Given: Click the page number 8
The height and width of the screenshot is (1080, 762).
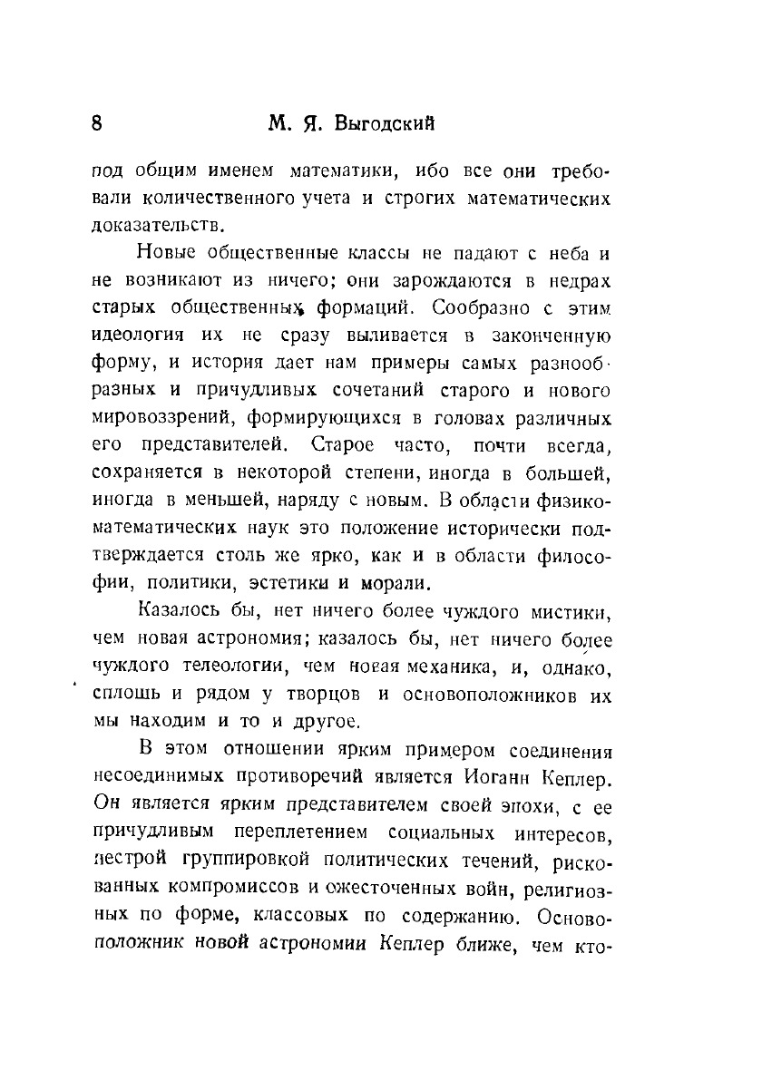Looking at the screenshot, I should coord(98,123).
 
